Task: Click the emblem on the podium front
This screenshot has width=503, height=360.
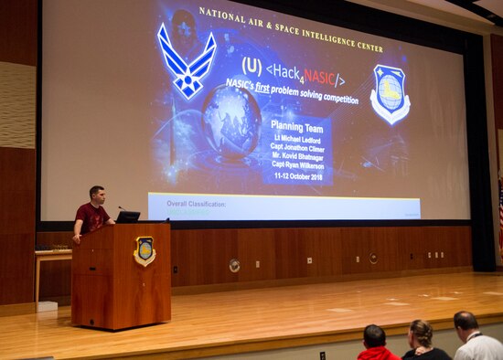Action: click(x=144, y=250)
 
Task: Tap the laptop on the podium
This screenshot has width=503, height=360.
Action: click(x=127, y=217)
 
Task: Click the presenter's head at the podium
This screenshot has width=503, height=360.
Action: click(x=98, y=195)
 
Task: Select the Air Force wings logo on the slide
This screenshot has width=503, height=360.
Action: click(x=187, y=60)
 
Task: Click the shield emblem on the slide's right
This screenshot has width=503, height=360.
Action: click(x=391, y=94)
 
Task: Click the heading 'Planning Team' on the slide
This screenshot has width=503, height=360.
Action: click(x=299, y=127)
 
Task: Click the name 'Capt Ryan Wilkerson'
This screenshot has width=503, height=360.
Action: click(x=299, y=165)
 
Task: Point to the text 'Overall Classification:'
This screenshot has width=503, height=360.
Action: click(x=197, y=204)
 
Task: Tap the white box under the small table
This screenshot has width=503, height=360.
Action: click(x=48, y=306)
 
